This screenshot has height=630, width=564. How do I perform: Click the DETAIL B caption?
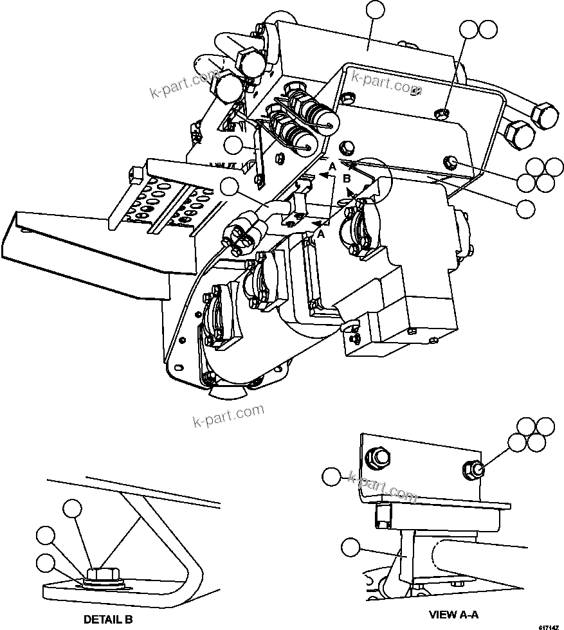(107, 620)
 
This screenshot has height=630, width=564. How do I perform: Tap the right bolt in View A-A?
(474, 471)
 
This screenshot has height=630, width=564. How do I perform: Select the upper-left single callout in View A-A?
(331, 476)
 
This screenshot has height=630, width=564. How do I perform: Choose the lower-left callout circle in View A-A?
(350, 548)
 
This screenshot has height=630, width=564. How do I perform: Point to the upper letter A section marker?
(332, 166)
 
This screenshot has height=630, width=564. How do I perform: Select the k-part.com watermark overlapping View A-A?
(382, 487)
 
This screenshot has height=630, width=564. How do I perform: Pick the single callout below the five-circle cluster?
(527, 208)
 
